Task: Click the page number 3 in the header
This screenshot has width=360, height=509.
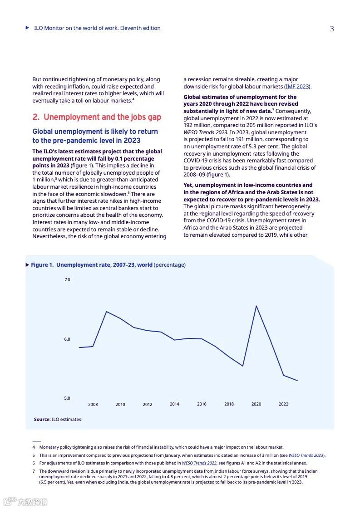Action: (332, 29)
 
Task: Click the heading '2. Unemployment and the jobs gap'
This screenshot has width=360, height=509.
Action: (97, 117)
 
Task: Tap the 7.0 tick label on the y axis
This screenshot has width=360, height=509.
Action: (67, 280)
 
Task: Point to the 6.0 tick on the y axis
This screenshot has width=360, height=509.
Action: (67, 339)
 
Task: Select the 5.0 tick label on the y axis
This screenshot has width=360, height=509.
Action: (67, 398)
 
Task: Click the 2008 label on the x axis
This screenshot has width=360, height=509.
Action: (93, 405)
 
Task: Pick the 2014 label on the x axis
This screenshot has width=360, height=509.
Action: (174, 404)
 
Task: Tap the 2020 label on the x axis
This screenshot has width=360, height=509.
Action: (256, 404)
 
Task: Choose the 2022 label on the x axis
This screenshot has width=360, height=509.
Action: (283, 404)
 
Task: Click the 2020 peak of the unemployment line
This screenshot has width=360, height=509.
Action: (256, 306)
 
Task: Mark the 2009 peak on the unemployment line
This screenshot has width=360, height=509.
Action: (106, 312)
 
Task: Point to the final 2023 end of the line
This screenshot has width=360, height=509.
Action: (297, 381)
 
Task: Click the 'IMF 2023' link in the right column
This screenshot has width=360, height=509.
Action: (297, 86)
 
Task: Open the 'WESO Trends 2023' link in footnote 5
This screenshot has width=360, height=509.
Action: (306, 455)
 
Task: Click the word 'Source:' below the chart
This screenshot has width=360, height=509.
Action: (42, 420)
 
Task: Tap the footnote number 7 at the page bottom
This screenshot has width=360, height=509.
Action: (34, 471)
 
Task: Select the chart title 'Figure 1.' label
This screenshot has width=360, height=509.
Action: (42, 265)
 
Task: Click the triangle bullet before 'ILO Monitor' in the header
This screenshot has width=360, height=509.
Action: (28, 28)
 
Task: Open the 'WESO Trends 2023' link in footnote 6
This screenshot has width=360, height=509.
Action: (199, 463)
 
